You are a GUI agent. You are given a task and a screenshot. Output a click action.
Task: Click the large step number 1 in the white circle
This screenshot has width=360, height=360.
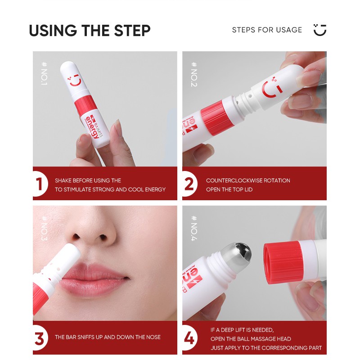click(39, 184)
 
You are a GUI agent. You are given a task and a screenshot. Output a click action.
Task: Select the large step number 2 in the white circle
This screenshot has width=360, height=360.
click(189, 184)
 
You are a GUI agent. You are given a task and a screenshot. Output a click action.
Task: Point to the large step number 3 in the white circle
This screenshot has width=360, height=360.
click(39, 338)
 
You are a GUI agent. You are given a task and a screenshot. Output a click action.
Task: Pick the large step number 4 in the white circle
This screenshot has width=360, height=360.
click(189, 338)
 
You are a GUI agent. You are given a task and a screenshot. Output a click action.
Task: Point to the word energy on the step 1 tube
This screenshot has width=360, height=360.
click(91, 128)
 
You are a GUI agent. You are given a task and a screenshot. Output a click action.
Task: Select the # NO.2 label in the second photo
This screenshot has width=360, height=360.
click(194, 74)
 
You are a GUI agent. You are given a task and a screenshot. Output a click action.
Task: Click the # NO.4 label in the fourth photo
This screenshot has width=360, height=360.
click(194, 228)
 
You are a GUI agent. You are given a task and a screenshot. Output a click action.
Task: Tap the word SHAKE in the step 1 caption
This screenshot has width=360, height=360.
click(63, 180)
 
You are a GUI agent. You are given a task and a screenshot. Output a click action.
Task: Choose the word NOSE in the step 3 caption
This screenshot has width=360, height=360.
click(153, 337)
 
